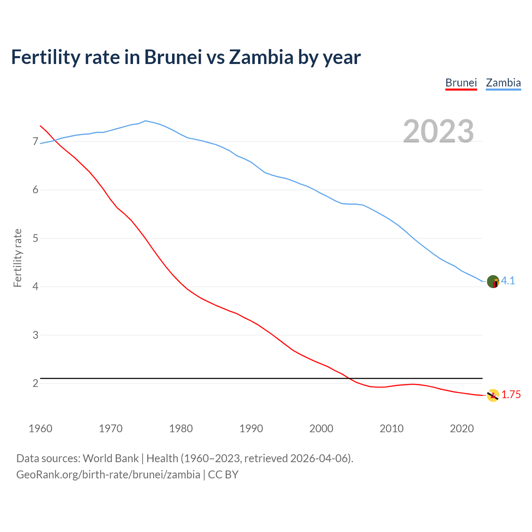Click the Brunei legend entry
click(461, 83)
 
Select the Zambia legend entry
click(503, 83)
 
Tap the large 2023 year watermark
click(438, 131)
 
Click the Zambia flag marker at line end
click(493, 281)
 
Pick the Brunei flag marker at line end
click(493, 395)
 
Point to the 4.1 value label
click(508, 281)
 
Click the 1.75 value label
click(511, 395)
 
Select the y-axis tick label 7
click(35, 142)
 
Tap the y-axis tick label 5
click(35, 239)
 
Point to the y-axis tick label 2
click(35, 383)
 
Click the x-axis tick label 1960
click(40, 429)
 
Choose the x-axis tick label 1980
click(181, 429)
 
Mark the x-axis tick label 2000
click(321, 429)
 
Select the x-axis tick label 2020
click(462, 429)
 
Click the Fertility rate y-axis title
click(17, 258)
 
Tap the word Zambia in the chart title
click(261, 57)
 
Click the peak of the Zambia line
click(145, 121)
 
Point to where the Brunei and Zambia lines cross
click(54, 140)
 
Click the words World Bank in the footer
click(111, 458)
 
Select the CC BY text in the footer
click(223, 475)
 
